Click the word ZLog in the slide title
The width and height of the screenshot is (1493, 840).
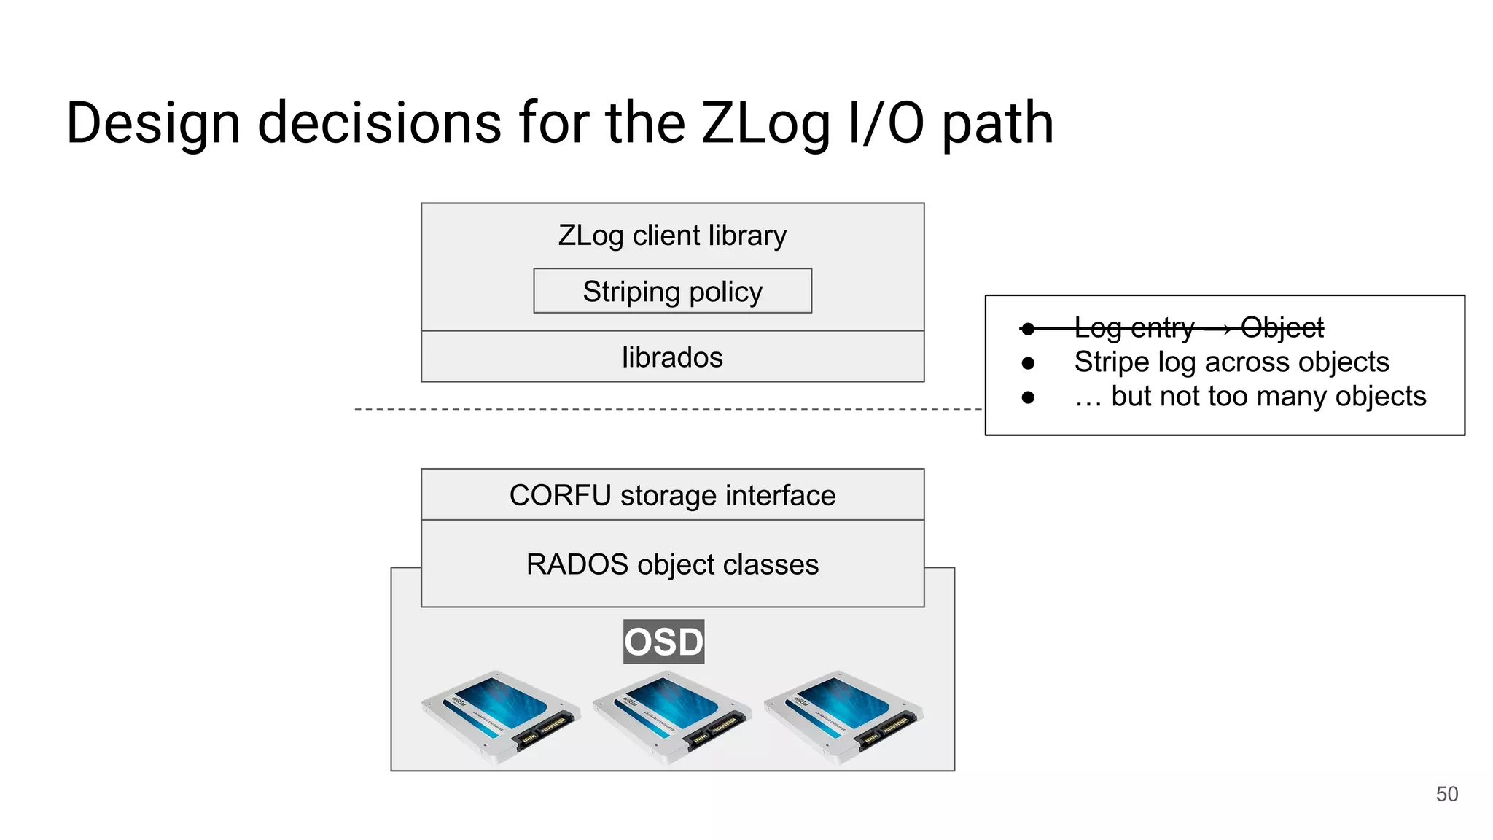pyautogui.click(x=765, y=124)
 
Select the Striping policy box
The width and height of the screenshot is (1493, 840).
pyautogui.click(x=672, y=291)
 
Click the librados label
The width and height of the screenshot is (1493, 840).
pyautogui.click(x=672, y=357)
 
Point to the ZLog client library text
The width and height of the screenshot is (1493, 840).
pyautogui.click(x=672, y=236)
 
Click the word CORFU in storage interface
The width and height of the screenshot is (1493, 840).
pyautogui.click(x=560, y=495)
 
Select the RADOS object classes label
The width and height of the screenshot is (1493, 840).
pyautogui.click(x=672, y=564)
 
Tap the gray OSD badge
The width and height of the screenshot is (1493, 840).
pyautogui.click(x=663, y=642)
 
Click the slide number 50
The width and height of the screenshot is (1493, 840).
pyautogui.click(x=1446, y=794)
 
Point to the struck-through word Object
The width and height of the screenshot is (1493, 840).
pyautogui.click(x=1282, y=327)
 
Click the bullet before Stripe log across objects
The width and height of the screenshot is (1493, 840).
pyautogui.click(x=1028, y=362)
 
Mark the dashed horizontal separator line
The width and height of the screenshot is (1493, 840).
pyautogui.click(x=656, y=409)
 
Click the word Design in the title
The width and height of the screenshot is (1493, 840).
pyautogui.click(x=153, y=124)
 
